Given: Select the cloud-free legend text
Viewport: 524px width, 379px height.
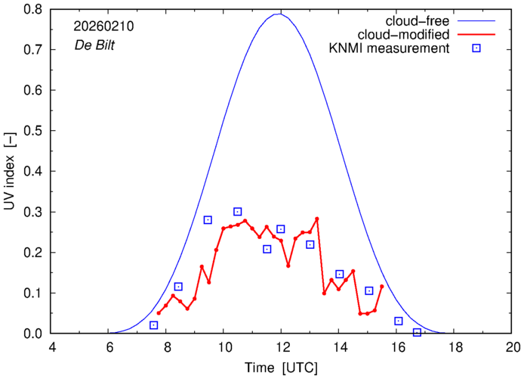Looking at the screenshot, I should point(422,20).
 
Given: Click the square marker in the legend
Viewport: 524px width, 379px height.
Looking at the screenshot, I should point(476,49).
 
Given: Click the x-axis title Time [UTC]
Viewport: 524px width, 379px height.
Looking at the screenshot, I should point(281,368).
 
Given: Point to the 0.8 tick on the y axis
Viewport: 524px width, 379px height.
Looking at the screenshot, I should point(32,10).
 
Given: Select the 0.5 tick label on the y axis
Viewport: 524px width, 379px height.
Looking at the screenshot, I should point(32,131).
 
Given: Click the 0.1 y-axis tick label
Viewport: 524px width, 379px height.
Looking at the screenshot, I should point(32,293).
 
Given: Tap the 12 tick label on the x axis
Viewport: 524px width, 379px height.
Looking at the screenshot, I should point(281,347).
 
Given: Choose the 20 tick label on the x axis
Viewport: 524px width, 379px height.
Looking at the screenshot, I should point(513,347).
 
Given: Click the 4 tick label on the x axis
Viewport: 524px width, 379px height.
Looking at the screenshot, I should point(51,347).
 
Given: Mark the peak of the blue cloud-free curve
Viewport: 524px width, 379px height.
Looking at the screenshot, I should point(280,14).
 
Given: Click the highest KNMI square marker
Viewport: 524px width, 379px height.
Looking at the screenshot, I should point(237,212).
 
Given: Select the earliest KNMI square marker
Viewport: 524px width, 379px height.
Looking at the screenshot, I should point(154,325).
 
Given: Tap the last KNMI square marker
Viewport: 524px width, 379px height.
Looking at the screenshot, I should point(417,332).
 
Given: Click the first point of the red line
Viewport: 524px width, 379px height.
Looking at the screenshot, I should point(159,312).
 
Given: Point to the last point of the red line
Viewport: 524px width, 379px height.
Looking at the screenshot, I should point(382,286).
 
